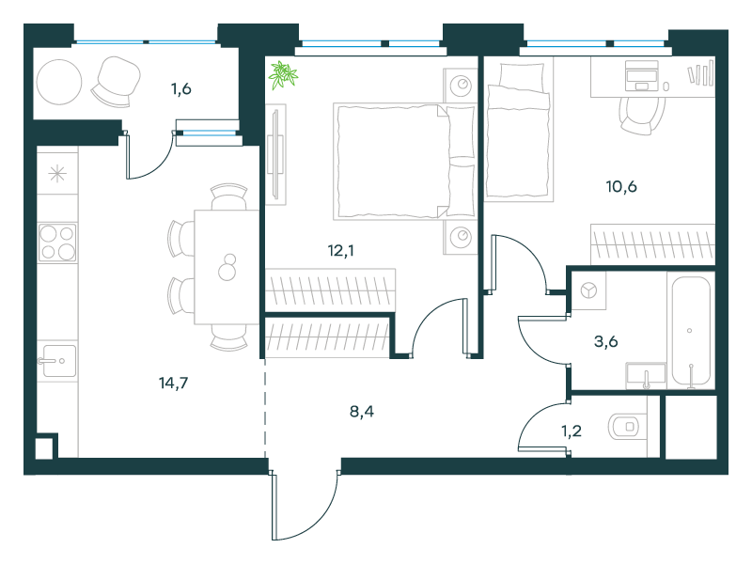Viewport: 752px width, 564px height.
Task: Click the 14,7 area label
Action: [x=174, y=383]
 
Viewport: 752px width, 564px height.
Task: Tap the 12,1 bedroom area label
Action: [x=341, y=250]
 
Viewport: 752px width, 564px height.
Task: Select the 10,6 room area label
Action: [x=621, y=186]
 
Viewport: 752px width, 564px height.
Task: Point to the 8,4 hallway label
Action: [x=362, y=412]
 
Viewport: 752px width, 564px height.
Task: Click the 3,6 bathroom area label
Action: [x=605, y=341]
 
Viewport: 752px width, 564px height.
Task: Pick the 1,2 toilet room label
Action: [x=572, y=431]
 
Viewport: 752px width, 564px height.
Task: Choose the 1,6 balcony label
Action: [x=181, y=88]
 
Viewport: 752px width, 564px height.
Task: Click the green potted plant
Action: [x=283, y=75]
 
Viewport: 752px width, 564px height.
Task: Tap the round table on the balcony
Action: [x=59, y=82]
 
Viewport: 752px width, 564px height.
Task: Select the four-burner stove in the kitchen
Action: [x=57, y=243]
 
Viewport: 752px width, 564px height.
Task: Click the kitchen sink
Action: [x=57, y=361]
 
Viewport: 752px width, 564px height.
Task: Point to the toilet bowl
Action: [x=624, y=427]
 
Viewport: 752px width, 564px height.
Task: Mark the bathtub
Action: [x=691, y=331]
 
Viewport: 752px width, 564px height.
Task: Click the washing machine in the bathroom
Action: [x=589, y=290]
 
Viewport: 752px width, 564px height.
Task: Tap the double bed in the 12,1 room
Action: [x=405, y=162]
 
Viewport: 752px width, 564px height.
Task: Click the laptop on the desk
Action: [x=642, y=76]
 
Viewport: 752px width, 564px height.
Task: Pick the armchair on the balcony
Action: [x=117, y=82]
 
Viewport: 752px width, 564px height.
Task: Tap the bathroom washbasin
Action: [x=646, y=375]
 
